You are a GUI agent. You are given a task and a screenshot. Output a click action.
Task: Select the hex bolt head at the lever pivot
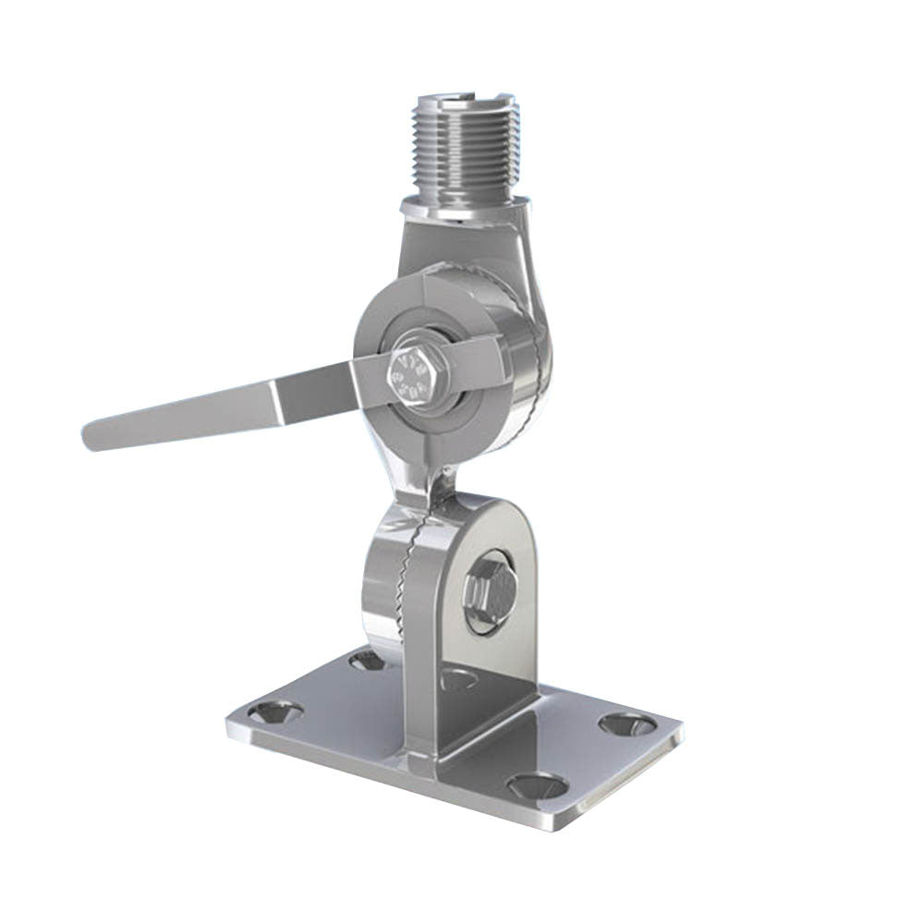coord(410,375)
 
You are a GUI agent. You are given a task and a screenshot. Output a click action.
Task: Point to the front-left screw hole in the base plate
coord(276,712)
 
